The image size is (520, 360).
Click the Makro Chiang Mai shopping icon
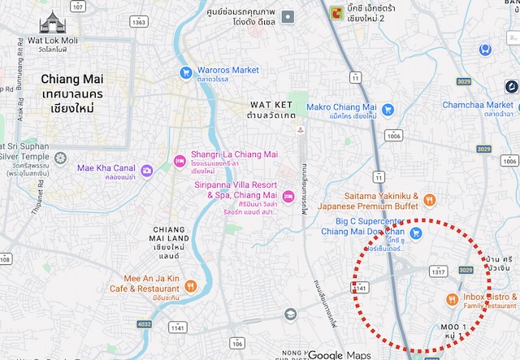388,110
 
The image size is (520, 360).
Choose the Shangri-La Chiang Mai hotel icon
180,158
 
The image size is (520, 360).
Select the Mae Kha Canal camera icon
147,170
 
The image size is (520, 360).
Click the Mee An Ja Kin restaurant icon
189,284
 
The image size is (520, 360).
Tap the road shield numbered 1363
139,22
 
